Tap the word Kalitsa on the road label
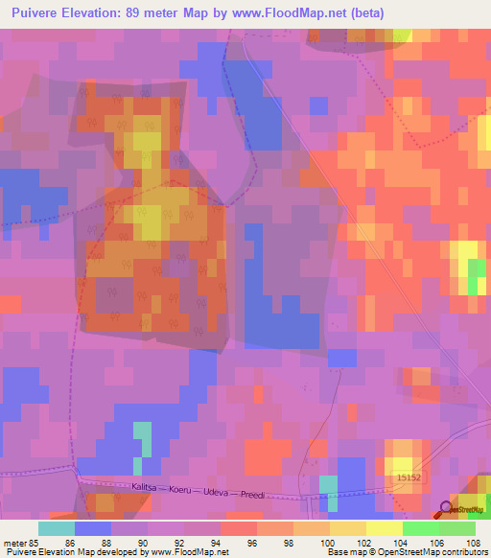(143, 489)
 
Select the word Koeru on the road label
(183, 491)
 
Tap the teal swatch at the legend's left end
(57, 528)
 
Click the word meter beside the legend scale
(14, 543)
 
